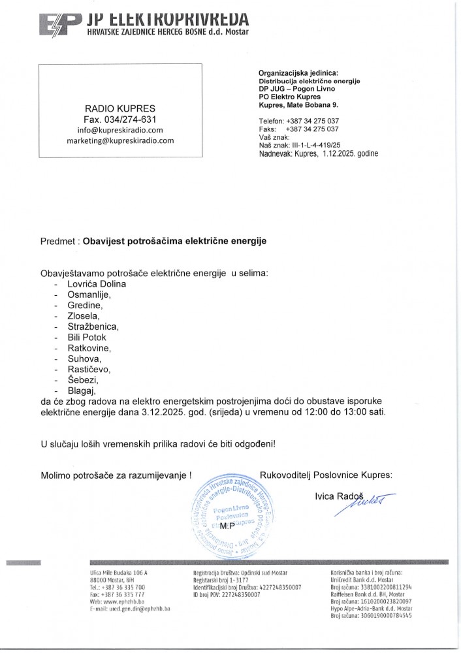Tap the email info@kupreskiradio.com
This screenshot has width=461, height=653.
(x=119, y=130)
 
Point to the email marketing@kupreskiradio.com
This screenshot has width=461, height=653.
(x=119, y=140)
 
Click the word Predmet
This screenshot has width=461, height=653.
(x=59, y=241)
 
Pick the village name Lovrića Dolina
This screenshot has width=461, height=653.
(x=97, y=284)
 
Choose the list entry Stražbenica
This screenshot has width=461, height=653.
(x=92, y=326)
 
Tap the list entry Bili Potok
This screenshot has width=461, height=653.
(x=86, y=338)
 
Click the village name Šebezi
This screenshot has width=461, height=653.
(x=83, y=380)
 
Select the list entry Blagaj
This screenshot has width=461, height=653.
(x=82, y=390)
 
